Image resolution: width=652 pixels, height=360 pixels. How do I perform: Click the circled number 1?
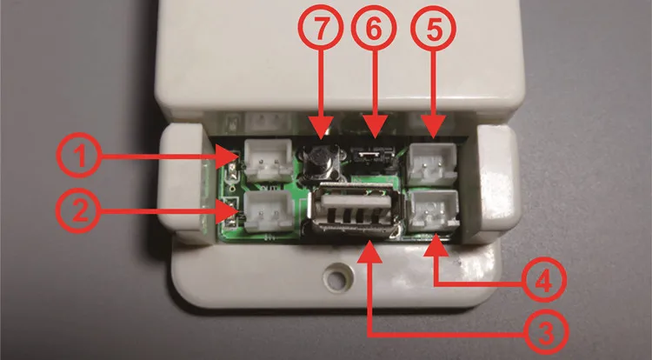click(79, 156)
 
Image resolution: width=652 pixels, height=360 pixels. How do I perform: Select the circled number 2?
click(79, 210)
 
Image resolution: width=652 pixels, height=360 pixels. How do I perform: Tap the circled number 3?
click(544, 332)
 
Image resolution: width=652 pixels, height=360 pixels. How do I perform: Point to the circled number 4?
click(543, 281)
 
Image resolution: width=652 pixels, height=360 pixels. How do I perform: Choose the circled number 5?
click(433, 29)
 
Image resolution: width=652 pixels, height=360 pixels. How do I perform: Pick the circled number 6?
click(374, 29)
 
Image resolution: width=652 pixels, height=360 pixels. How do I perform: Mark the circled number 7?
click(321, 29)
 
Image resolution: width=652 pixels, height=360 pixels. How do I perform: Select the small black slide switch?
click(372, 157)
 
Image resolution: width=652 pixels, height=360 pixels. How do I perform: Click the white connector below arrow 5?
click(432, 163)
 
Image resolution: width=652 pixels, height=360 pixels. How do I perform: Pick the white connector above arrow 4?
click(433, 210)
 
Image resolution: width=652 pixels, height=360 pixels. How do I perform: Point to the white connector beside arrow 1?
click(269, 160)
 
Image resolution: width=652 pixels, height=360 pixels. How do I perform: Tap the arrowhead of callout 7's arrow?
click(321, 129)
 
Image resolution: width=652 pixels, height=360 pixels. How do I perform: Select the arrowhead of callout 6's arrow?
click(374, 128)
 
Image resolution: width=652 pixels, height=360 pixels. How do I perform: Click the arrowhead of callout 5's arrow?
click(433, 128)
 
